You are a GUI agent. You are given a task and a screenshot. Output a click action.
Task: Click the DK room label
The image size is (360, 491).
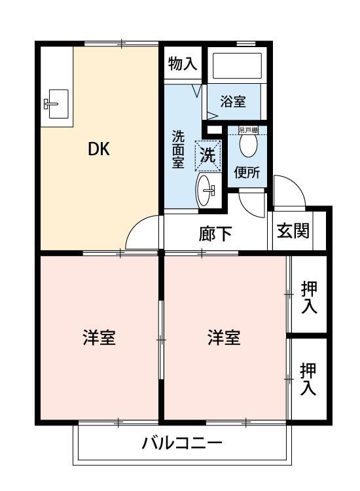click(99, 149)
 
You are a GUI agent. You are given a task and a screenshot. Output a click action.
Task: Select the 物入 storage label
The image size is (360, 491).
click(182, 64)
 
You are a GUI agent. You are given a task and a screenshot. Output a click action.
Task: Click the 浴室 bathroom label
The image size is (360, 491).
click(233, 101)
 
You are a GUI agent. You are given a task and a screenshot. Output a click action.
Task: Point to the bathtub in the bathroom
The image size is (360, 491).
click(236, 65)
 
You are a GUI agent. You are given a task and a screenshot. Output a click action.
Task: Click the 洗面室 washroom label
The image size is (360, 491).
click(178, 150)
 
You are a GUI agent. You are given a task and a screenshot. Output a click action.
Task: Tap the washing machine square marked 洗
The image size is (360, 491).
click(207, 155)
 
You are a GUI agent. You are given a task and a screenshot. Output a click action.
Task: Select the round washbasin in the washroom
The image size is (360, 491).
click(206, 190)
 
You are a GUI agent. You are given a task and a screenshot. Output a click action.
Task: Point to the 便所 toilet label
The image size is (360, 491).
click(247, 173)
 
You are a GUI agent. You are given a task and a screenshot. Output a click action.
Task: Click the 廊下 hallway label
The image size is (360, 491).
click(215, 234)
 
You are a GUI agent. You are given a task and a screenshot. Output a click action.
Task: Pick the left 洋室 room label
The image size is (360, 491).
click(99, 338)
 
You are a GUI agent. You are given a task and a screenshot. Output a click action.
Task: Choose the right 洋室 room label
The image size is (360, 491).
click(225, 338)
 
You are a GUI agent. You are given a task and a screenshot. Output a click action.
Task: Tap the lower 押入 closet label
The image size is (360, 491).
click(308, 379)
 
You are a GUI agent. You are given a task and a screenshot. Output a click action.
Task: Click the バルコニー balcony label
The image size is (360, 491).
click(183, 443)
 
